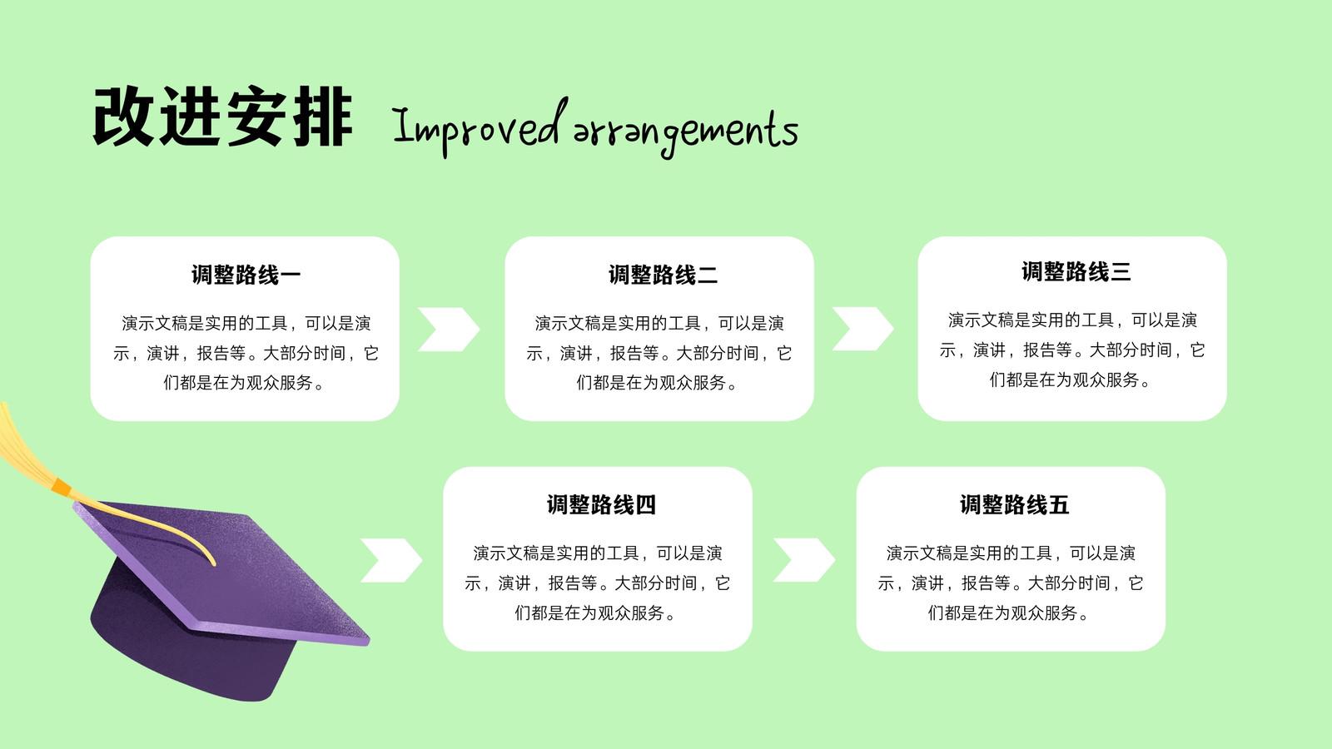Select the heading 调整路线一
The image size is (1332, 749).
(246, 275)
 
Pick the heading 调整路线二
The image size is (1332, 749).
(663, 275)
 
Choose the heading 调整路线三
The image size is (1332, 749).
(1076, 271)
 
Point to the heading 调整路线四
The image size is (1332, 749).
(601, 504)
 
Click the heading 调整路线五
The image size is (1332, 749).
(1015, 504)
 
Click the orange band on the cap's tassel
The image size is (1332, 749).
(62, 487)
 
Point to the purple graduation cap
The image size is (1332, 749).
(226, 600)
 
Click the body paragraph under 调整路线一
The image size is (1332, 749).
(246, 353)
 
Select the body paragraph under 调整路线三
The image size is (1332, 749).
(1072, 350)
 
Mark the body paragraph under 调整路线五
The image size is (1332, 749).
(1011, 583)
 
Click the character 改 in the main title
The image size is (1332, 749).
(124, 116)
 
